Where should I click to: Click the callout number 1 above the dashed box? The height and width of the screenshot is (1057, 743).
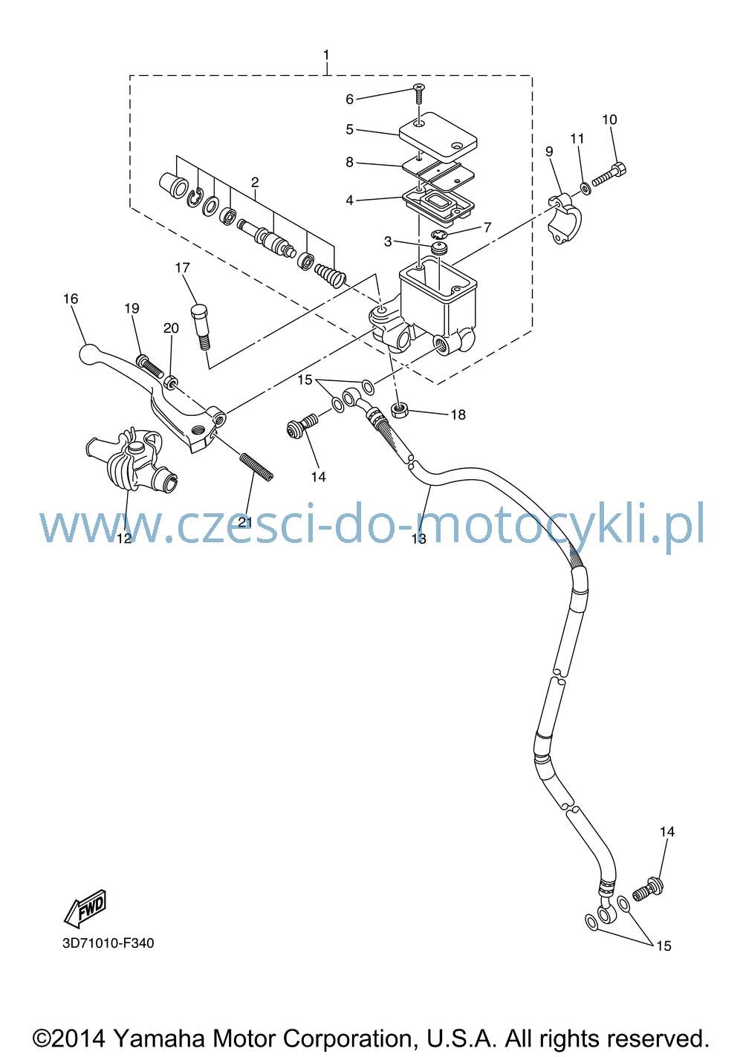325,55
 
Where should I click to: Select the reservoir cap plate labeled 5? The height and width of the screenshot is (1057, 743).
438,135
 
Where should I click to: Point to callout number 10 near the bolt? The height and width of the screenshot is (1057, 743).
609,120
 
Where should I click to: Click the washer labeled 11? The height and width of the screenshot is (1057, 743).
585,189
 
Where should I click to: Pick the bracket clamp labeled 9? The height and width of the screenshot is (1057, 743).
565,219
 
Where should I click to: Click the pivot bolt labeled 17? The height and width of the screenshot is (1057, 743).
201,328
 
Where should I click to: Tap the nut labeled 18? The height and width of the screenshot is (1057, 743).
400,410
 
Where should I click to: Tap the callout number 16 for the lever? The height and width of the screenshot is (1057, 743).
71,299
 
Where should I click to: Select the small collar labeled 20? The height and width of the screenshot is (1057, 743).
171,381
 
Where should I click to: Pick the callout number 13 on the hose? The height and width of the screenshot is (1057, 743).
419,539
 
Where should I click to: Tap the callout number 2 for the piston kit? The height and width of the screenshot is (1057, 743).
255,182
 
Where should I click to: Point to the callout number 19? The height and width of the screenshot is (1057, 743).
132,308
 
